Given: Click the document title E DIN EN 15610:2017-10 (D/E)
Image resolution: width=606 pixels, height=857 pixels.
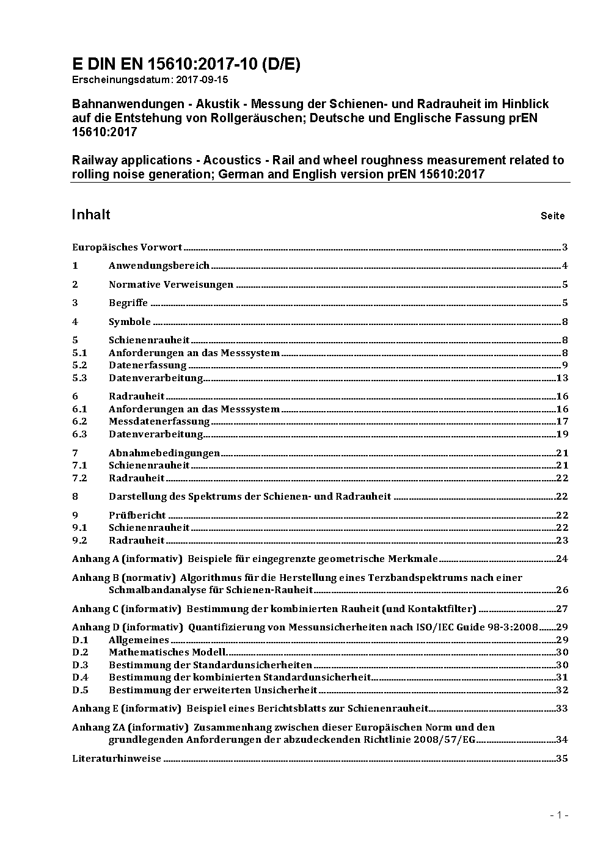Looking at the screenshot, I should (x=186, y=64).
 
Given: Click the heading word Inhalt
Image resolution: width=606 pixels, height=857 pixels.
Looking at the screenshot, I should (x=91, y=214).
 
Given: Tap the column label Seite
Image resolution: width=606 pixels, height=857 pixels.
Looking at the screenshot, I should (x=552, y=216).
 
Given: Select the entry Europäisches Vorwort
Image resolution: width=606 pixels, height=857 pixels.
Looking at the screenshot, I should (x=127, y=247).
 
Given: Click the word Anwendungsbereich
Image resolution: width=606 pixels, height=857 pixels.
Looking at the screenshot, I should (x=159, y=266).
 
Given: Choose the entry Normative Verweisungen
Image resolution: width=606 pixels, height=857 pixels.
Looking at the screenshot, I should (x=171, y=285).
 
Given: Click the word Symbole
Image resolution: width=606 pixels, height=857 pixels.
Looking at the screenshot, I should (x=130, y=322).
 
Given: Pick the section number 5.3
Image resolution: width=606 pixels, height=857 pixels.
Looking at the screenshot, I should (x=79, y=378).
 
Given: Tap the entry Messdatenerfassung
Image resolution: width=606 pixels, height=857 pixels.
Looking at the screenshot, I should (x=159, y=421).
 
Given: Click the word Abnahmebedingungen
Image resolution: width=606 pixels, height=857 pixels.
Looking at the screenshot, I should (x=164, y=453).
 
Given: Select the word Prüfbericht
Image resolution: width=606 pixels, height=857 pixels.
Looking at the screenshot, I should (x=137, y=516).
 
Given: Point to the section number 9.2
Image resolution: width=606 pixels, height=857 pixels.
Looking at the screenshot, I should (x=79, y=541).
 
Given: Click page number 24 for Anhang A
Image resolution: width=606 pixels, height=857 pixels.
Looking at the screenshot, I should (x=561, y=559).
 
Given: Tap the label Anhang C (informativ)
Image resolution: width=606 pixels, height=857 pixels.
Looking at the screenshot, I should (x=126, y=609).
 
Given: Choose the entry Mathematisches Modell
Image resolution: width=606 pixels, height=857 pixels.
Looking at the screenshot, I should (x=167, y=652).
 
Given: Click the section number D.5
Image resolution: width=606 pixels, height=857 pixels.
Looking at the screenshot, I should (x=80, y=690).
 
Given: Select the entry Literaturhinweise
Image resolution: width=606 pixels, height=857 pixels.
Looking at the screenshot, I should (x=117, y=759).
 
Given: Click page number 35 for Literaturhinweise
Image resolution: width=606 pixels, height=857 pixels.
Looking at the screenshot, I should (x=561, y=759).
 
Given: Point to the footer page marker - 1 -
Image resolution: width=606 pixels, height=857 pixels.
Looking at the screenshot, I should (x=559, y=815).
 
